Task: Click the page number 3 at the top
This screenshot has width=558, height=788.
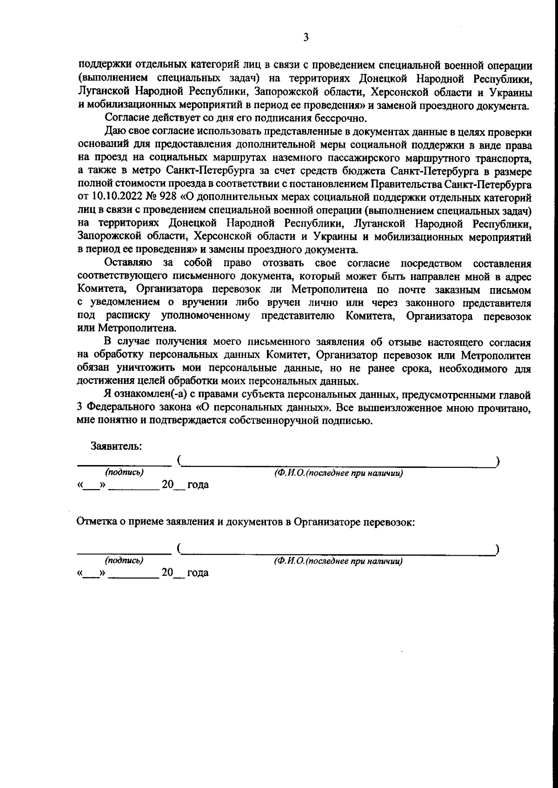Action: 306,38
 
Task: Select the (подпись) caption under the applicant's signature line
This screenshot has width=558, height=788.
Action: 124,473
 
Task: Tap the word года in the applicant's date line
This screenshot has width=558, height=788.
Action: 198,485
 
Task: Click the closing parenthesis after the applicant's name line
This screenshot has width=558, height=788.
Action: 498,461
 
